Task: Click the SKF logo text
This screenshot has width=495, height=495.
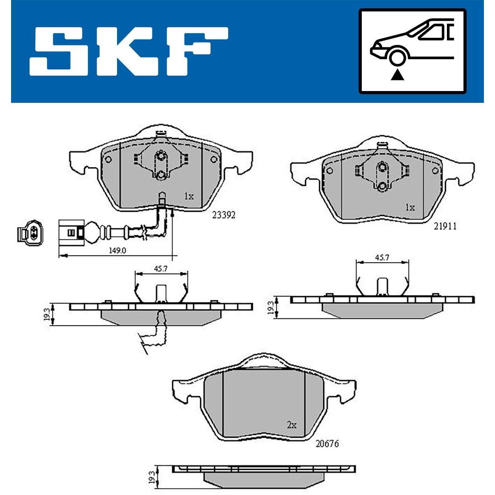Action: click(129, 51)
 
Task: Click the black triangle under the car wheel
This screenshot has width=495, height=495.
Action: click(396, 76)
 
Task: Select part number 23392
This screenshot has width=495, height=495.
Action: click(223, 214)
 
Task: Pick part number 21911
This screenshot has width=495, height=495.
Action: click(445, 226)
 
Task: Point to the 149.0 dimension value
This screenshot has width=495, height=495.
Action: click(118, 250)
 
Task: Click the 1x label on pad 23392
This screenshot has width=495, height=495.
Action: click(189, 197)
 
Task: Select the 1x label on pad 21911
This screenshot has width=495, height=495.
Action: click(410, 208)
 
